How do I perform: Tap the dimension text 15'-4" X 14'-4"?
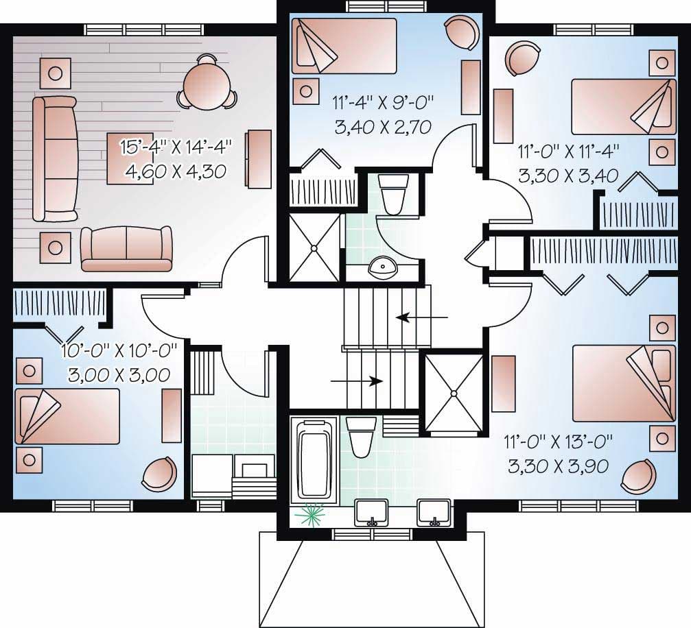[176, 147]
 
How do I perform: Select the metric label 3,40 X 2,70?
[383, 128]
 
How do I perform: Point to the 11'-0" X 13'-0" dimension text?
[559, 440]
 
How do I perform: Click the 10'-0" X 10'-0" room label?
[119, 351]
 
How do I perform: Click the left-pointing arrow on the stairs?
[422, 317]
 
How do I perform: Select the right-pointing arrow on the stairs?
[356, 381]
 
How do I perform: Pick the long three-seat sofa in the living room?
[56, 159]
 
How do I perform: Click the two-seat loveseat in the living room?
[126, 248]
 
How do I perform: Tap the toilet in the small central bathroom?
[395, 194]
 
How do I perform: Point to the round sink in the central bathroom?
[383, 268]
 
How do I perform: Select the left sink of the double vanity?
[372, 513]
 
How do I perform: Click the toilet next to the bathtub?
[360, 437]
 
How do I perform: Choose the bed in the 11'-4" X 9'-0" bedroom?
[344, 46]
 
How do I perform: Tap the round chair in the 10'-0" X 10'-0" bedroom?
[159, 474]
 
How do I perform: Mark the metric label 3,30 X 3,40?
[568, 176]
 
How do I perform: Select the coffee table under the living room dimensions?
[130, 158]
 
